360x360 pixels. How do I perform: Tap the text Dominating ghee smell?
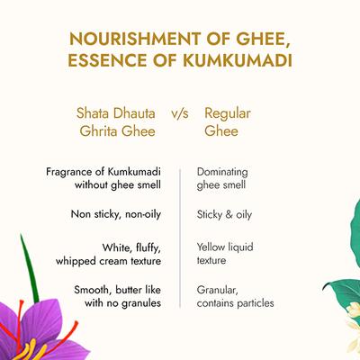[x=222, y=177]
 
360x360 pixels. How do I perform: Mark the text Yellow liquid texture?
[x=224, y=252]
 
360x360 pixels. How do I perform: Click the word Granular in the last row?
[x=217, y=291]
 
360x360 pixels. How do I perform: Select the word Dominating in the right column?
[x=222, y=170]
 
